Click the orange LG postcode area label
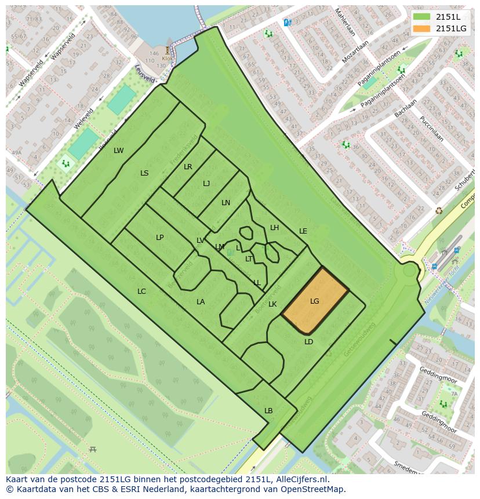pyautogui.click(x=314, y=301)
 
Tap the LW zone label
pyautogui.click(x=118, y=151)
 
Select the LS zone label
pyautogui.click(x=144, y=173)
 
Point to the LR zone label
pyautogui.click(x=188, y=167)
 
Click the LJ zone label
pyautogui.click(x=206, y=184)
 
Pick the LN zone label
pyautogui.click(x=226, y=203)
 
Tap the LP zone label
pyautogui.click(x=159, y=238)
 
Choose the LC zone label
pyautogui.click(x=141, y=292)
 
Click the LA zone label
pyautogui.click(x=201, y=302)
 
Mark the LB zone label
pyautogui.click(x=268, y=411)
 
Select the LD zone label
pyautogui.click(x=308, y=342)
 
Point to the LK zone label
pyautogui.click(x=272, y=304)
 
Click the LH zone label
pyautogui.click(x=274, y=228)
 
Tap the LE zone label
pyautogui.click(x=303, y=231)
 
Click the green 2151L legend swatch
pyautogui.click(x=422, y=17)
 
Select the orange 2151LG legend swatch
pyautogui.click(x=422, y=28)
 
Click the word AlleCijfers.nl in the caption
pyautogui.click(x=301, y=479)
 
